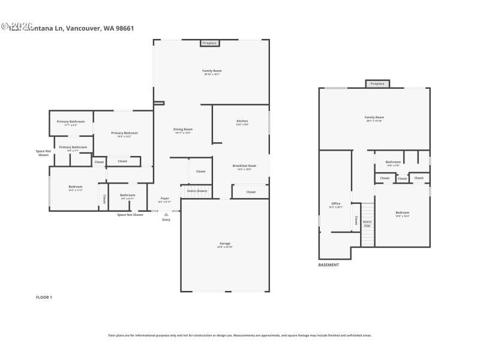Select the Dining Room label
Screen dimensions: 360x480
pyautogui.click(x=183, y=130)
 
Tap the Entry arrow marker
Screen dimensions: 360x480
pyautogui.click(x=166, y=214)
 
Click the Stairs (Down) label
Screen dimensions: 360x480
pyautogui.click(x=197, y=190)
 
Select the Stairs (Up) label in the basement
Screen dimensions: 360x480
pyautogui.click(x=367, y=223)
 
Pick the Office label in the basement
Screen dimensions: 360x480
pyautogui.click(x=336, y=205)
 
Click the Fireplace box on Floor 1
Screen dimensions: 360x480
pyautogui.click(x=209, y=43)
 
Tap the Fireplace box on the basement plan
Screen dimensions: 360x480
pyautogui.click(x=377, y=84)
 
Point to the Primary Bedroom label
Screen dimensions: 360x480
pyautogui.click(x=124, y=134)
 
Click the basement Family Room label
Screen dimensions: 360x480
pyautogui.click(x=374, y=118)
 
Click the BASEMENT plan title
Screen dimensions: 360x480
pyautogui.click(x=328, y=265)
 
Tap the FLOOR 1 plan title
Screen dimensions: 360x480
pyautogui.click(x=44, y=297)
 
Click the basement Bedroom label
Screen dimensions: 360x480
pyautogui.click(x=402, y=214)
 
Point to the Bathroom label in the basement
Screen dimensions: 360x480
pyautogui.click(x=393, y=163)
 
